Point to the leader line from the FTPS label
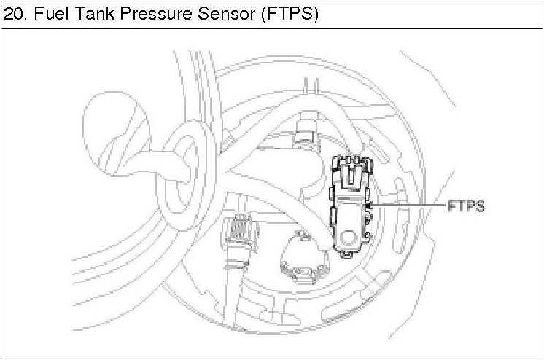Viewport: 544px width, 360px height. coord(408,207)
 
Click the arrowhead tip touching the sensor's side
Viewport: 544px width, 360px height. coord(368,207)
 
